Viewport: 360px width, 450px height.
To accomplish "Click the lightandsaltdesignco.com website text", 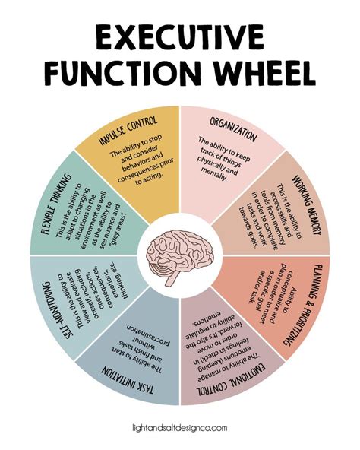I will pos(179,430).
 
